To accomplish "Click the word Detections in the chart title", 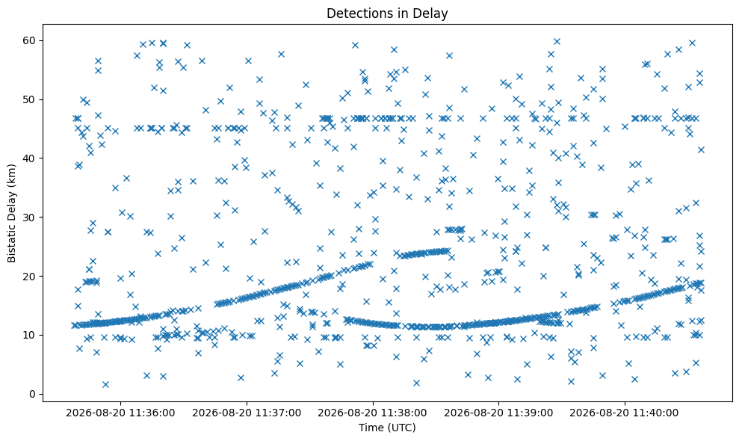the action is click(362, 13).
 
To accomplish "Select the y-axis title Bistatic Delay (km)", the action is click(12, 213).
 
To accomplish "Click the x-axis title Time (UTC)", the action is click(387, 428).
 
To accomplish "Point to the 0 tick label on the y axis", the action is click(33, 395).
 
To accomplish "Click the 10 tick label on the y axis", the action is click(30, 336).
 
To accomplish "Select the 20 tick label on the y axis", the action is click(30, 277).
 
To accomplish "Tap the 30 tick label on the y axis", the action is click(30, 218).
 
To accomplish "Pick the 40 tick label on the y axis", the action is click(30, 158).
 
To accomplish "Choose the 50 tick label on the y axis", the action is click(30, 99).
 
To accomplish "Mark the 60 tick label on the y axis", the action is click(30, 40).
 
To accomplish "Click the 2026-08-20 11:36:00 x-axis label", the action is click(120, 413).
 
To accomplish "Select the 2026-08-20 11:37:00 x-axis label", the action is click(247, 413).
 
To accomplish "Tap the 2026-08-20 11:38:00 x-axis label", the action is click(372, 413).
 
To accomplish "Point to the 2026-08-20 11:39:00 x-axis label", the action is click(498, 413).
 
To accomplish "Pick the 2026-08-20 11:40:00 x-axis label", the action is click(625, 413).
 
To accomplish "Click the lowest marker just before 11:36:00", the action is click(105, 384).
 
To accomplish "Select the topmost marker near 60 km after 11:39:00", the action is click(557, 42).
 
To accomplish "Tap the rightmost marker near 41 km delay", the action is click(701, 149).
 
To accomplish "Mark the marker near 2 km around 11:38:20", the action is click(416, 383).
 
